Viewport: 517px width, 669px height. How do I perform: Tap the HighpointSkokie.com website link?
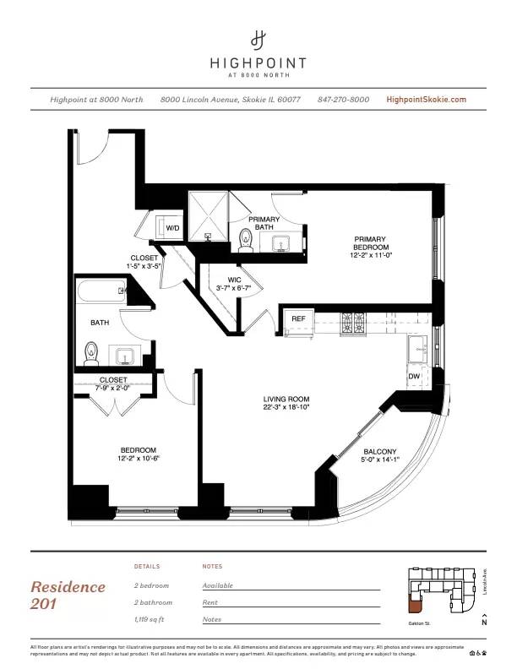coord(426,100)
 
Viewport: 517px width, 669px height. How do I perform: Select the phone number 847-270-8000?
coord(343,100)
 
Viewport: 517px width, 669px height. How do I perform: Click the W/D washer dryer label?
coord(172,228)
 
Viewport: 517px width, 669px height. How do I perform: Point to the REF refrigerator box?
coord(298,319)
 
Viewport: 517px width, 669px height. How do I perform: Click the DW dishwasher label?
coord(414,376)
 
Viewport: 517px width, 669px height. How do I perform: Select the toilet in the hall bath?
coord(93,351)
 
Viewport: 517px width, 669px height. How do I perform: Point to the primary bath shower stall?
coord(207,215)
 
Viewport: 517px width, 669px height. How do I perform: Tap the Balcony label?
coord(379,452)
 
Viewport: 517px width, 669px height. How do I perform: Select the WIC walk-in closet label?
coord(236,280)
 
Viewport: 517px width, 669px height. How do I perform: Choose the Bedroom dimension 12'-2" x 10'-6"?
coord(138,460)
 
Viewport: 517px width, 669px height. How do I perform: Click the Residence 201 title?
coord(68,595)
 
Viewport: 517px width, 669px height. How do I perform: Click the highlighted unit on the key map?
coord(414,604)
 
